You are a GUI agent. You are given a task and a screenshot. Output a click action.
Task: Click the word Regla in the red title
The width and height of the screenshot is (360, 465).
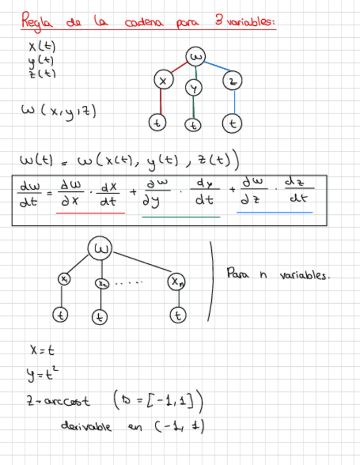[35, 23]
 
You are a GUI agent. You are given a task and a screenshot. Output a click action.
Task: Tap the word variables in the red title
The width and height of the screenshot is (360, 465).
[251, 23]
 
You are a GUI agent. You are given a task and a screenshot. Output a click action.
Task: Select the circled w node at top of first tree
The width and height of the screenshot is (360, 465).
[196, 57]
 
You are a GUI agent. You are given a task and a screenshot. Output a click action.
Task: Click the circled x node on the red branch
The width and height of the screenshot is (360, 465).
[162, 80]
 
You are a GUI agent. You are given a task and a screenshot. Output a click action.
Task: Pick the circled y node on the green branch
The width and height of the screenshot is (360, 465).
[193, 87]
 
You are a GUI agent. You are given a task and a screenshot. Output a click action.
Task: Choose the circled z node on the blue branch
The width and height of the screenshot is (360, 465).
[233, 82]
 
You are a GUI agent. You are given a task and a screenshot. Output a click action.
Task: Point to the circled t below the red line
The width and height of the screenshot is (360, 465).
[158, 123]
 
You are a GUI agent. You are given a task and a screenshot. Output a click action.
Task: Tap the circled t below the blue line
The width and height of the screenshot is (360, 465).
[233, 123]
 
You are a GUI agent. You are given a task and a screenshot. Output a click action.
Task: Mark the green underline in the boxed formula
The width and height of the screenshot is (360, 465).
[181, 217]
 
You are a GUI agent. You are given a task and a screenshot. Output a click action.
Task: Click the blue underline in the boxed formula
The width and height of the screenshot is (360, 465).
[274, 212]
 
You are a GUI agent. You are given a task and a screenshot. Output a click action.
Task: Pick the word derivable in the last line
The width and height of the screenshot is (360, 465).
[87, 426]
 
